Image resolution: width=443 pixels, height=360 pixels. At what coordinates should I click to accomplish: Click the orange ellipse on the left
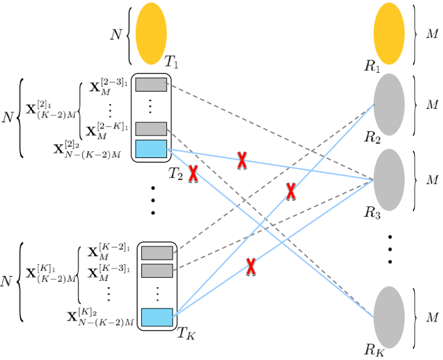pos(151,34)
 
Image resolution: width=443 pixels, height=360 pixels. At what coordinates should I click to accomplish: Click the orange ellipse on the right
pos(388,34)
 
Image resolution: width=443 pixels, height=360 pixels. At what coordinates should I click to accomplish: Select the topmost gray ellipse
pos(388,105)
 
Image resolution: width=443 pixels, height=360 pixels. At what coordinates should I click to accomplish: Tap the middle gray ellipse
pos(388,180)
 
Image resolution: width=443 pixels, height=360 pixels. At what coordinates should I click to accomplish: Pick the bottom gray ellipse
pos(388,317)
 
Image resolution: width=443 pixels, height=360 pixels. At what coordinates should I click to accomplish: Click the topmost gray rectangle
pos(151,85)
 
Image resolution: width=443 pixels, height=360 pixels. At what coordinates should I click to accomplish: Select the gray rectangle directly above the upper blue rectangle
pos(151,129)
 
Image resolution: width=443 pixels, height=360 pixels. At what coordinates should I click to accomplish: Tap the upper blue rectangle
pos(151,149)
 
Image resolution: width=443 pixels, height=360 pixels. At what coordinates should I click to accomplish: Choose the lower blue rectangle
pos(157,317)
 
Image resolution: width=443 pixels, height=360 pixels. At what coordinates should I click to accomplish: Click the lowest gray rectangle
pos(157,271)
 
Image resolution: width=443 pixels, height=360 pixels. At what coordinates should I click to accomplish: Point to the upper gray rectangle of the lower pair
pos(157,253)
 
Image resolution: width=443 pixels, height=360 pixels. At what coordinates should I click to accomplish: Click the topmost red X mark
pos(242,160)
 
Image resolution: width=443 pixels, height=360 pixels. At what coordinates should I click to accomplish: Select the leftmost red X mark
pos(193,174)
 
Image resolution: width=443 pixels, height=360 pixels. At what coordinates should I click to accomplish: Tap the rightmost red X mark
pos(291,191)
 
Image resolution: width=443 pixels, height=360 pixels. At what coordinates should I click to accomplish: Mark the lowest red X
pos(251,267)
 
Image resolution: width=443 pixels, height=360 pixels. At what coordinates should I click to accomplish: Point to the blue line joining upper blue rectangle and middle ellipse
pos(314,171)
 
